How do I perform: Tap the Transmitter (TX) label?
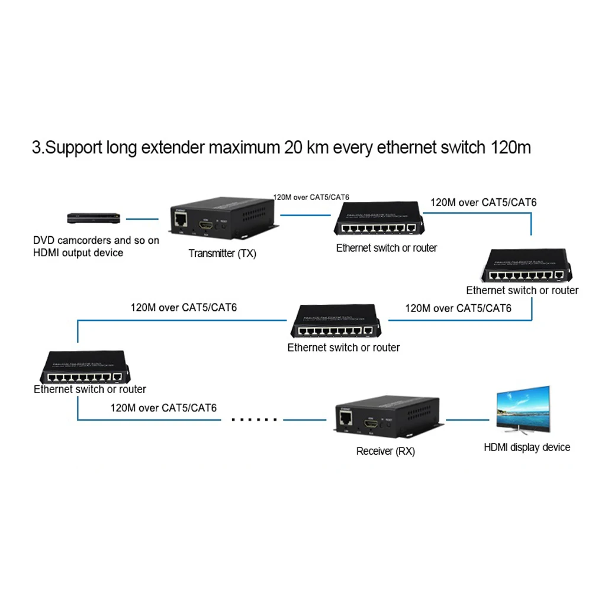tap(223, 253)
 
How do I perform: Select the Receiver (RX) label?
tap(385, 451)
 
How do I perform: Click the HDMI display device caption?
tap(527, 447)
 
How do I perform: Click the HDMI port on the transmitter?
tap(206, 226)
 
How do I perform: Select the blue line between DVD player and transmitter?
tap(143, 218)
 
